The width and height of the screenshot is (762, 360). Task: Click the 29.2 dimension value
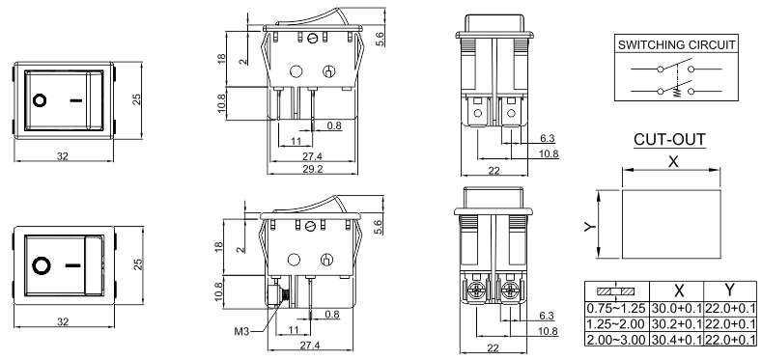pyautogui.click(x=313, y=168)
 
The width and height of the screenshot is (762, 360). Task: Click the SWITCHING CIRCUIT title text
pyautogui.click(x=676, y=45)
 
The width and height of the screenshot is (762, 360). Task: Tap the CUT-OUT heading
pyautogui.click(x=669, y=140)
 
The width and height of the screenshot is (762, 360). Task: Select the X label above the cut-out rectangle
pyautogui.click(x=673, y=162)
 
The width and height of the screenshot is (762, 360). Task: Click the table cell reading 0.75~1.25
pyautogui.click(x=616, y=308)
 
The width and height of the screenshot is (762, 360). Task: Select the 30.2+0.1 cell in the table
pyautogui.click(x=676, y=323)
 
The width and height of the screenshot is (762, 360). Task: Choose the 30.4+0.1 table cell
pyautogui.click(x=676, y=339)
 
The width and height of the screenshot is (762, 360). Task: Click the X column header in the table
pyautogui.click(x=679, y=291)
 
